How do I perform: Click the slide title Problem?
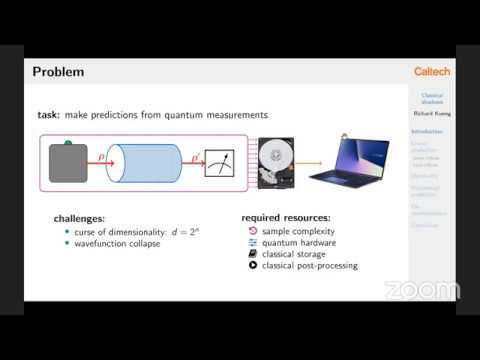tap(58, 72)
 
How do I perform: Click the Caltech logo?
tap(432, 72)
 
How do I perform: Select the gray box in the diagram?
tap(68, 163)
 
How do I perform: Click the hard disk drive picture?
tap(276, 163)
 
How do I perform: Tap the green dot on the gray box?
tap(68, 144)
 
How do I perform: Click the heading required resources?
tap(286, 218)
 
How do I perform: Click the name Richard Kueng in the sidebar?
tap(432, 114)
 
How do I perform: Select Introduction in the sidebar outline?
tap(427, 131)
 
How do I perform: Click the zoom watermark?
tap(422, 290)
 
